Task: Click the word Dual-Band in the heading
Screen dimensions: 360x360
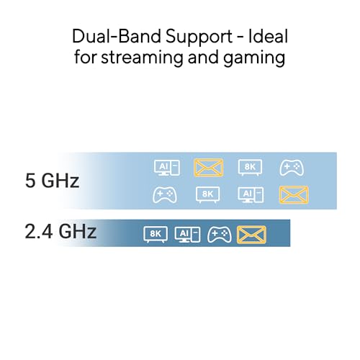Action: click(x=117, y=37)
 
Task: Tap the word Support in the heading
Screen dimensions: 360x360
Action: click(x=199, y=38)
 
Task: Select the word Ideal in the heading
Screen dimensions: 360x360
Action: click(x=268, y=37)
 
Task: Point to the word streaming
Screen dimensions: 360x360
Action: click(x=142, y=58)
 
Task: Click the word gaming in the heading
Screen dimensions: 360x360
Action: click(x=254, y=59)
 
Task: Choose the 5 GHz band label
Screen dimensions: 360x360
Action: click(x=52, y=181)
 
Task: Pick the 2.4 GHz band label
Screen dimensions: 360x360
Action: click(x=60, y=231)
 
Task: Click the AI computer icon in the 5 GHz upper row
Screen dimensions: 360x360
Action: click(x=167, y=168)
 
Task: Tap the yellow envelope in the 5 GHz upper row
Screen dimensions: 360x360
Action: click(x=208, y=168)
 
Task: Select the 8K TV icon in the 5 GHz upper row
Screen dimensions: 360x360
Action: click(x=250, y=167)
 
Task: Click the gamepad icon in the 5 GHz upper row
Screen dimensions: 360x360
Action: click(x=292, y=168)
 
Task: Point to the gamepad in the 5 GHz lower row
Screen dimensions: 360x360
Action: click(x=165, y=195)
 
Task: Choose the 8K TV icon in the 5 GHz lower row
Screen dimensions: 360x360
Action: click(x=208, y=194)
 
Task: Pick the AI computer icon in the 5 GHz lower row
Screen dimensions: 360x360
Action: click(x=251, y=195)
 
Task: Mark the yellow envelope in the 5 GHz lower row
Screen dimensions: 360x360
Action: click(x=294, y=194)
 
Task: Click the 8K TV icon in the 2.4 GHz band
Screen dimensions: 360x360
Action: click(x=156, y=234)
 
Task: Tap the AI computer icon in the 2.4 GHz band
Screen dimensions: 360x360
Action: click(x=187, y=235)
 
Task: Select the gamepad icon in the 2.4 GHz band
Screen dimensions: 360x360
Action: click(x=220, y=235)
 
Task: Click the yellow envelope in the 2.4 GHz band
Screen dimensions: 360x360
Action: click(x=251, y=235)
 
